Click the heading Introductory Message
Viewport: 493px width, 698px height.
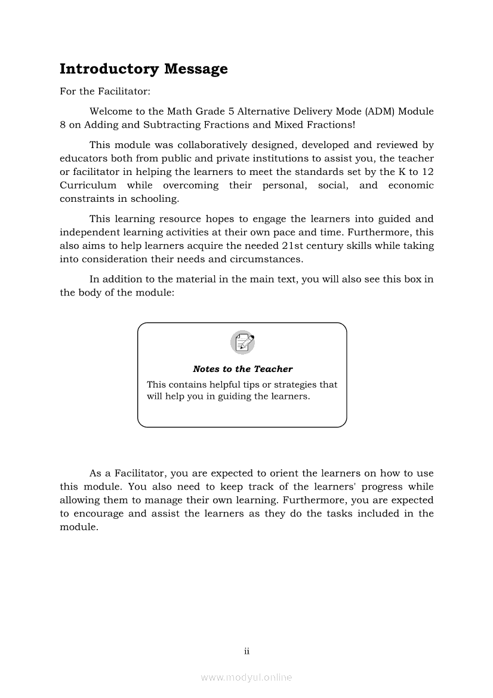point(143,69)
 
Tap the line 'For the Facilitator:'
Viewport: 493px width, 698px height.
point(97,92)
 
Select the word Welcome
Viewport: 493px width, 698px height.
point(110,112)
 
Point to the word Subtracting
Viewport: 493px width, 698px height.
point(161,125)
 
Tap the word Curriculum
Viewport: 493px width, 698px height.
point(88,185)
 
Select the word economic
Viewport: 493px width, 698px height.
point(411,185)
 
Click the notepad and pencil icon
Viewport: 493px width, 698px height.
point(242,342)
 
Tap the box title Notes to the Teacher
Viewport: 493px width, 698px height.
point(242,369)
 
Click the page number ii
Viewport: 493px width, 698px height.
point(246,651)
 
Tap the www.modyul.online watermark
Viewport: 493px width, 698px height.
point(246,678)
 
